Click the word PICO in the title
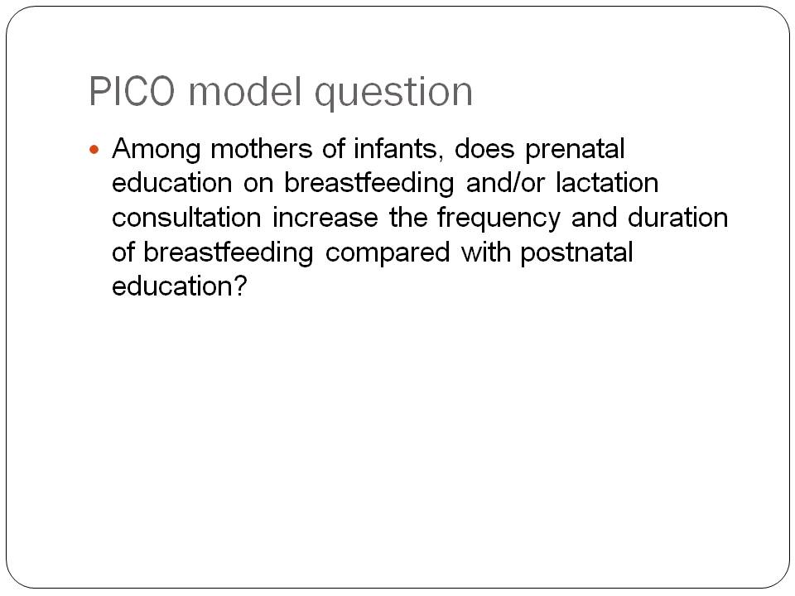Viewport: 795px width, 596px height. [132, 91]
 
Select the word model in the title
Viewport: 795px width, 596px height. [246, 91]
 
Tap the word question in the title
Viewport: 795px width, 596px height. [394, 94]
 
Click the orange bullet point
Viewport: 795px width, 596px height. [94, 150]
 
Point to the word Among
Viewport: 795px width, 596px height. [157, 151]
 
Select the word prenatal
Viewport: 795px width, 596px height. [575, 151]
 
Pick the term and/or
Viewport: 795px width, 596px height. [505, 183]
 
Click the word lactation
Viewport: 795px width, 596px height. [607, 183]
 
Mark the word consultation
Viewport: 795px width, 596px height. [186, 218]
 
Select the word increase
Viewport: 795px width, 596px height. [325, 218]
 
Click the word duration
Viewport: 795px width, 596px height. [677, 218]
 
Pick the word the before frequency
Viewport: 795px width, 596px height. [408, 218]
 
